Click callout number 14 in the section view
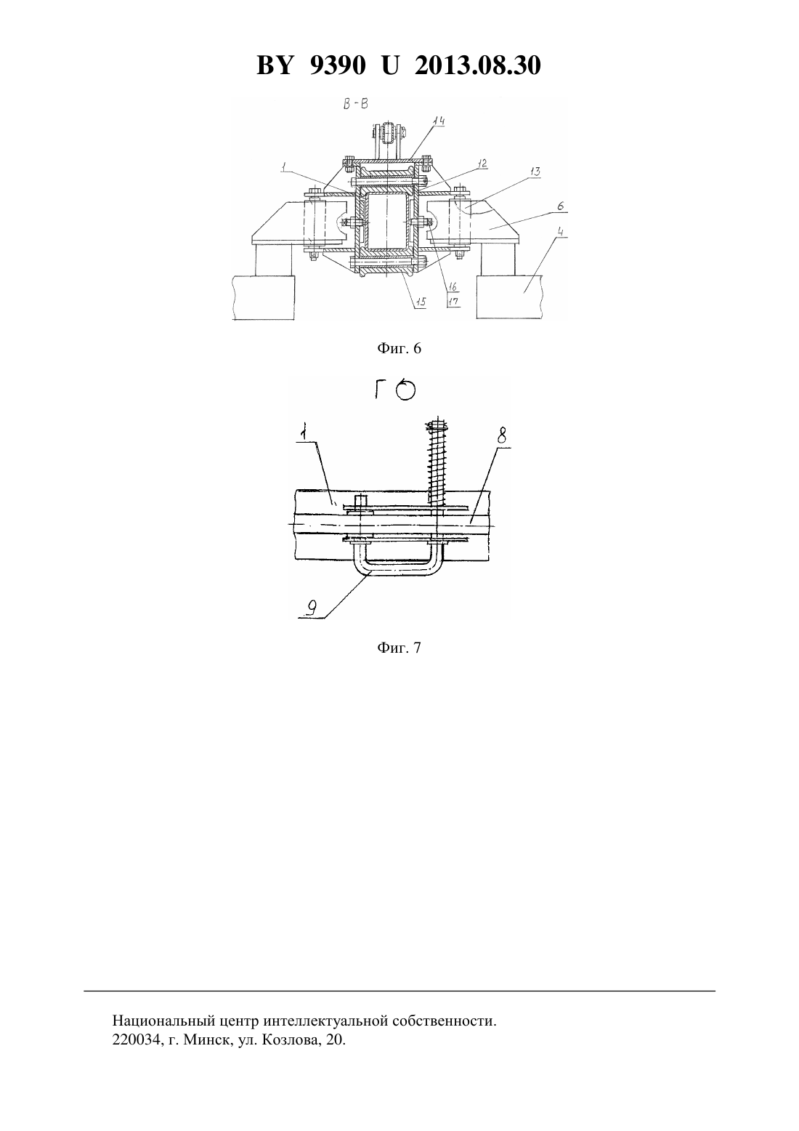[x=439, y=121]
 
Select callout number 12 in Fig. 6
[x=482, y=163]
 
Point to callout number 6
[x=561, y=206]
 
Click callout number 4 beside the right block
[x=561, y=233]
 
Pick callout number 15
[x=420, y=302]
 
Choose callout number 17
[x=453, y=301]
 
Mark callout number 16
[x=453, y=287]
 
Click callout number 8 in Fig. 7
[x=501, y=435]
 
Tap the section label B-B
[x=355, y=105]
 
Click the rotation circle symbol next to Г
[x=405, y=391]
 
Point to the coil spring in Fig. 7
[x=437, y=461]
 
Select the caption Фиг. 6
[x=399, y=348]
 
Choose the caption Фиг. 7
[x=399, y=648]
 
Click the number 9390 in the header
[x=337, y=65]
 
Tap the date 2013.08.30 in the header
[x=478, y=65]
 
